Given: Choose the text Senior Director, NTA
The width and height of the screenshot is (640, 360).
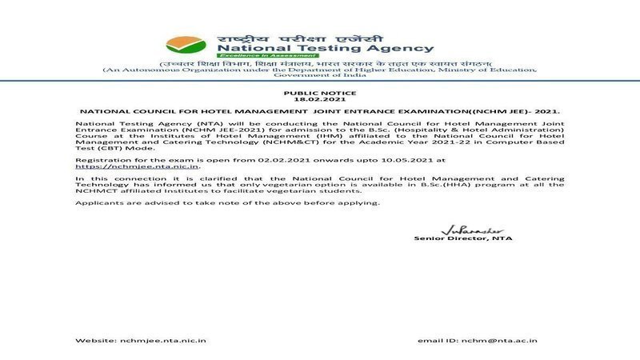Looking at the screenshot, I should click(x=463, y=238).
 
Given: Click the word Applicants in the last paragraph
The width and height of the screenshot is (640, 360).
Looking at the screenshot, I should click(x=98, y=203).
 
